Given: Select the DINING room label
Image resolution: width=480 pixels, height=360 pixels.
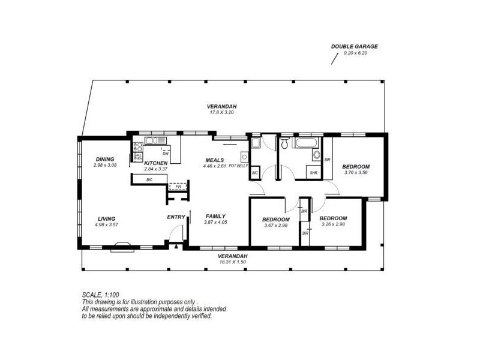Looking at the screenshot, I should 104,159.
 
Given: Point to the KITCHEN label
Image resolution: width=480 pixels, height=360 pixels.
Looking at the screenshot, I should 156,163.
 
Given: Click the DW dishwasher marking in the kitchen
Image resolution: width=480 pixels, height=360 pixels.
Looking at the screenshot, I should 165,154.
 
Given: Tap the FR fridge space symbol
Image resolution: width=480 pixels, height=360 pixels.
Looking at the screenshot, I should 178,187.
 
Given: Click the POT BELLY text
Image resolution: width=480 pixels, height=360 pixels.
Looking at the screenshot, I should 238,165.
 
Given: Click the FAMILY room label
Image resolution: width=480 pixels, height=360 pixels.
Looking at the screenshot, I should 215,216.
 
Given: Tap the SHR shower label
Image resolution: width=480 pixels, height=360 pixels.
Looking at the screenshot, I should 313,173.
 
